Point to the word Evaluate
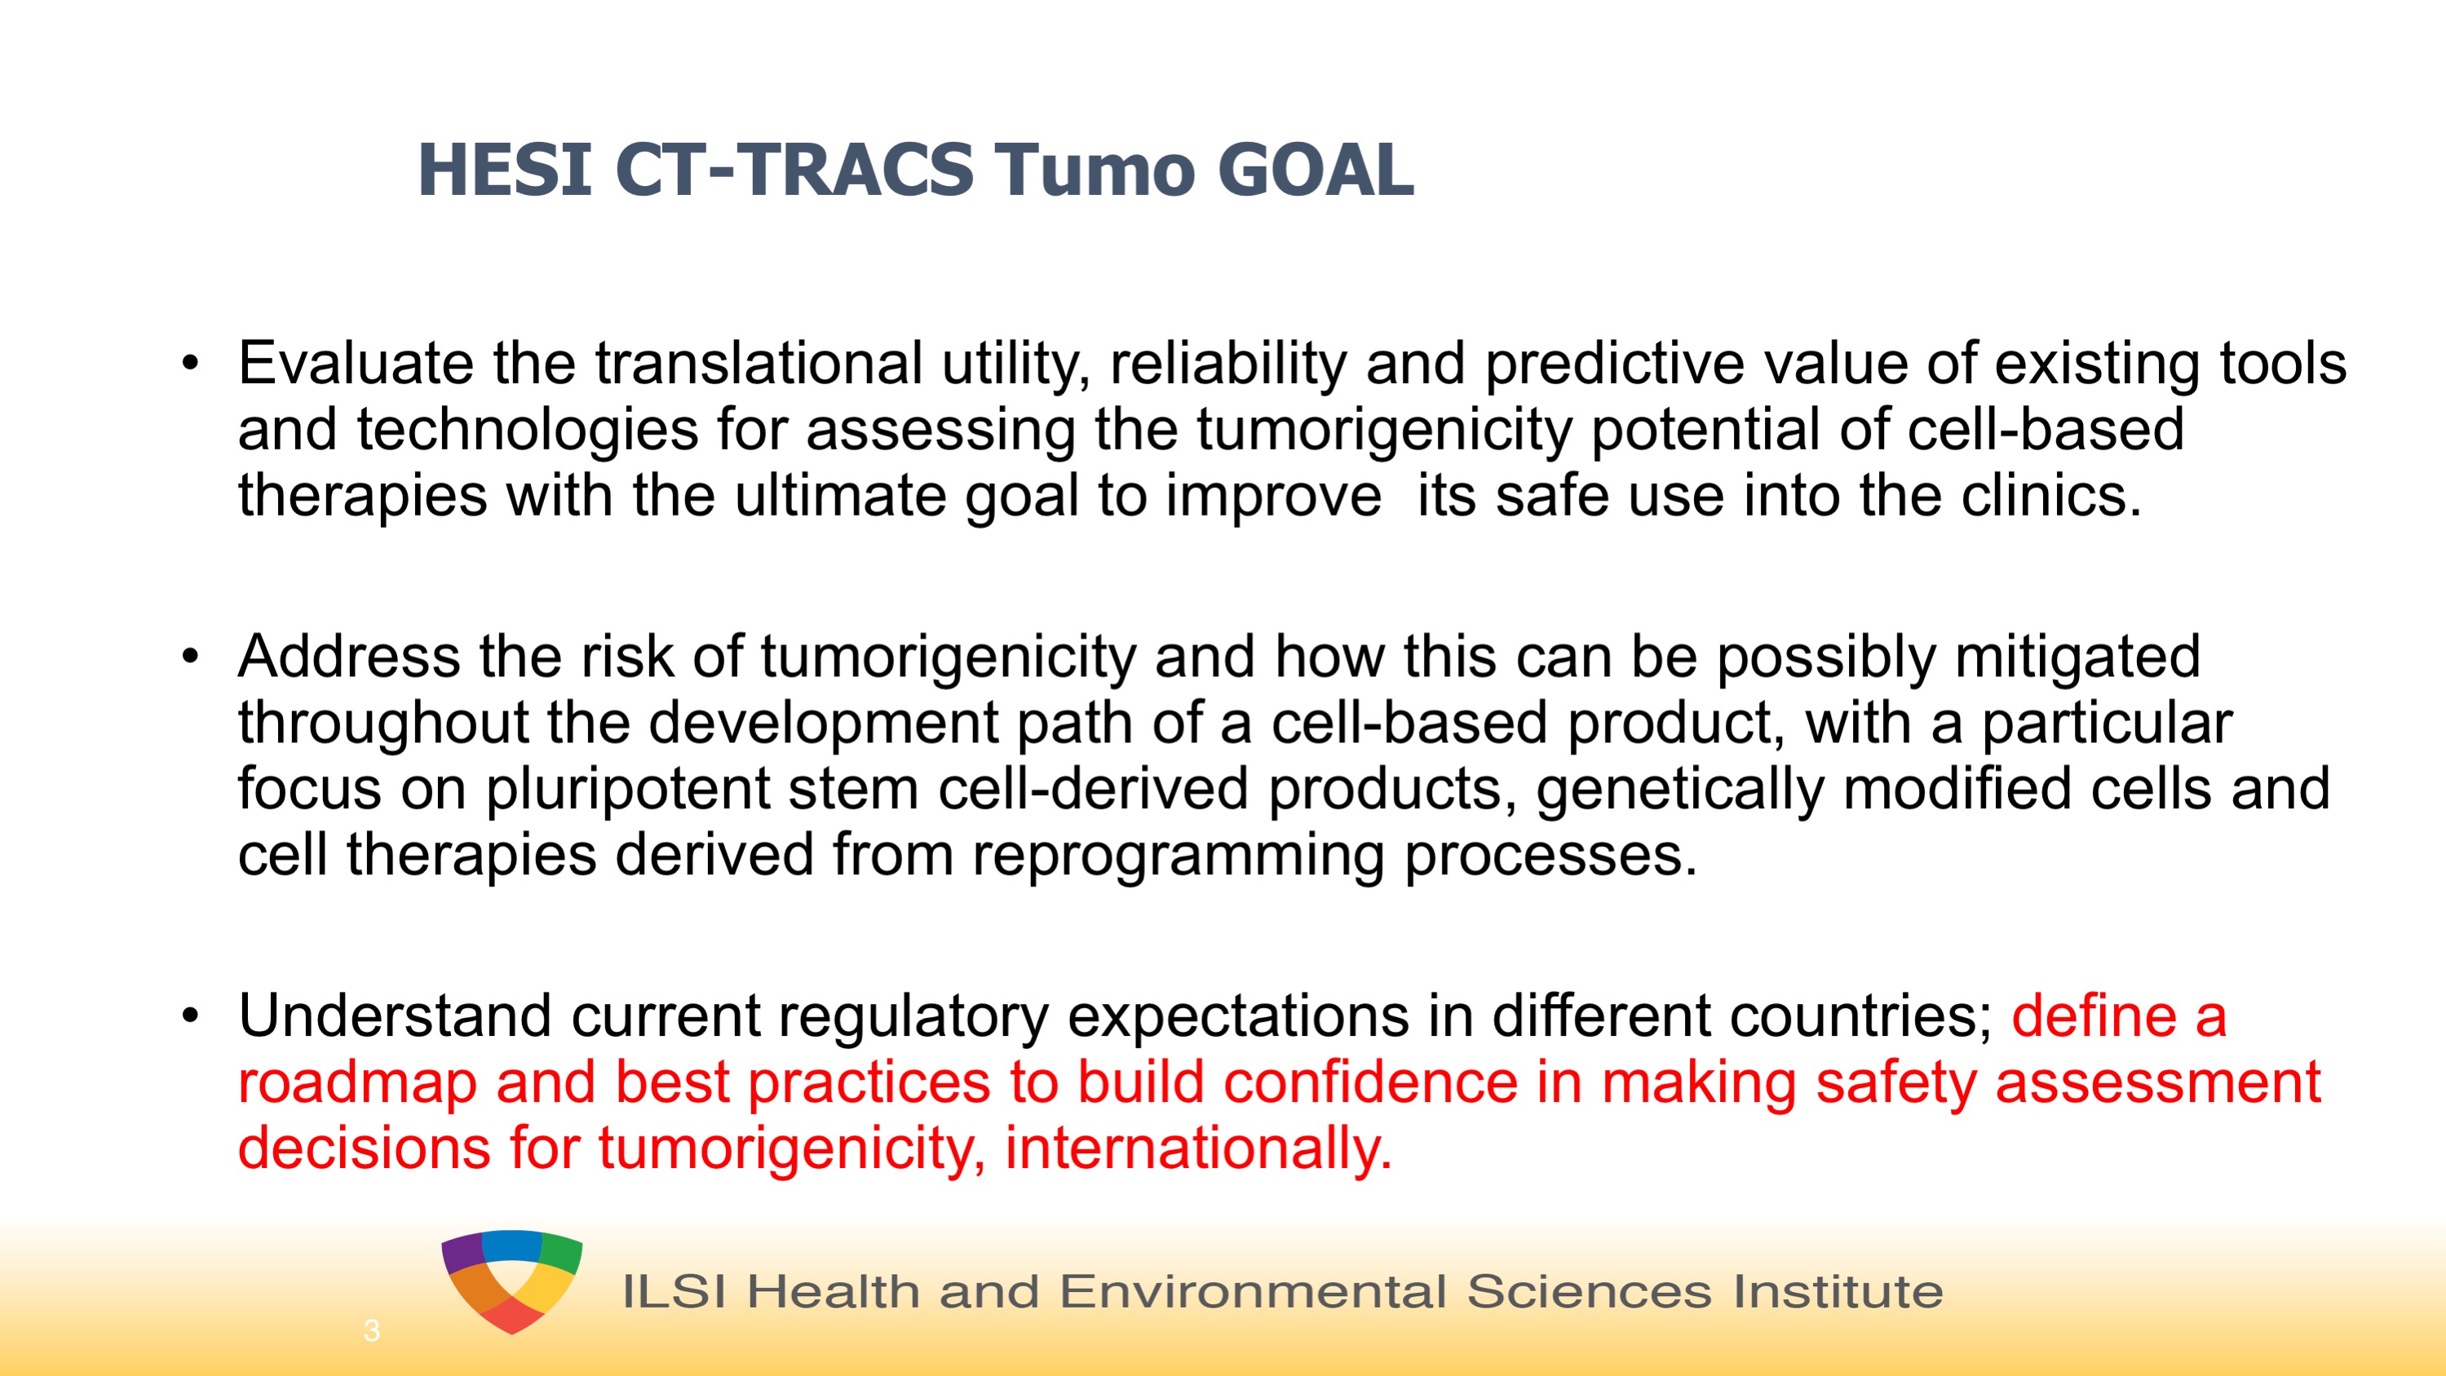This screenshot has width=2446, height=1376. pyautogui.click(x=355, y=363)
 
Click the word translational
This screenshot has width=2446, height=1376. pyautogui.click(x=759, y=363)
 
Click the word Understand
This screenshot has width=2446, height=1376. pyautogui.click(x=395, y=1016)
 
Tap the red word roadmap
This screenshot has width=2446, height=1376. pyautogui.click(x=357, y=1082)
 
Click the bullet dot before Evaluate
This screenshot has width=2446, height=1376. pyautogui.click(x=191, y=364)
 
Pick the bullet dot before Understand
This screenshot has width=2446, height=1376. pyautogui.click(x=191, y=1017)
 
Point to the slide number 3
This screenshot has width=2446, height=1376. pyautogui.click(x=371, y=1330)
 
